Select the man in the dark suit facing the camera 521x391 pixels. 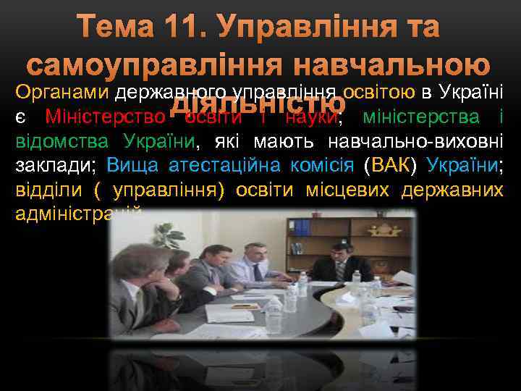tap(341, 261)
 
